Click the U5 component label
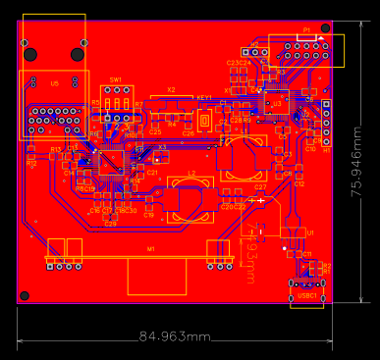pyautogui.click(x=54, y=84)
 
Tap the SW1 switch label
pyautogui.click(x=116, y=78)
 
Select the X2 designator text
pyautogui.click(x=171, y=89)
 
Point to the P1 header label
pyautogui.click(x=306, y=31)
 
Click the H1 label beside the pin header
pyautogui.click(x=327, y=150)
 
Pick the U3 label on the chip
pyautogui.click(x=278, y=103)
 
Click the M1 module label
pyautogui.click(x=151, y=249)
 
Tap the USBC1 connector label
pyautogui.click(x=307, y=294)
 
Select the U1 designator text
pyautogui.click(x=310, y=231)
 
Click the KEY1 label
pyautogui.click(x=204, y=98)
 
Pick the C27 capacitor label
pyautogui.click(x=260, y=186)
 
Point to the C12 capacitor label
pyautogui.click(x=299, y=183)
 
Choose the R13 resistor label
pyautogui.click(x=56, y=149)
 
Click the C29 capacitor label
pyautogui.click(x=110, y=224)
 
